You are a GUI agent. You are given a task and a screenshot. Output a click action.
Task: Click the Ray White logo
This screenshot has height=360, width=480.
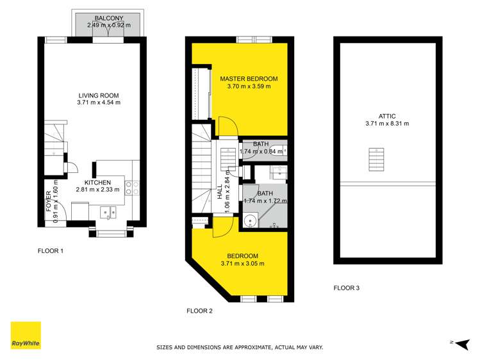[x=26, y=335]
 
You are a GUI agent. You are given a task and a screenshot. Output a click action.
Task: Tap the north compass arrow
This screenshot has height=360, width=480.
[x=463, y=344]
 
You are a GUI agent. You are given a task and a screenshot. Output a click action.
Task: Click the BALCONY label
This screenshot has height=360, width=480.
[x=109, y=19]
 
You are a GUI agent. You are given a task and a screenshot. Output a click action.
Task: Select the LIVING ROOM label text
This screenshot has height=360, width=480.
[x=99, y=95]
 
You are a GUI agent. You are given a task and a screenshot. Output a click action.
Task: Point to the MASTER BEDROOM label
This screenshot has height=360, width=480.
[x=249, y=79]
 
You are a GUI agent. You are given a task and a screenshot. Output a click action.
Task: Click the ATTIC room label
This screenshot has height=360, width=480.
[x=387, y=116]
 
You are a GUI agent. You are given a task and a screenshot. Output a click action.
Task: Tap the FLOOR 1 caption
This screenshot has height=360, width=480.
[x=51, y=251]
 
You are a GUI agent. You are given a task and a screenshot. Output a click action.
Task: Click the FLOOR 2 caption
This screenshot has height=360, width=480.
[x=199, y=311]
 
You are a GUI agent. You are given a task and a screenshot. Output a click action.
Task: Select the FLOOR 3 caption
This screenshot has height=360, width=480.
[x=347, y=288]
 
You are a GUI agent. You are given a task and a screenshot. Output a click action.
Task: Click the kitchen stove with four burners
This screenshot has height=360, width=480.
[x=132, y=188]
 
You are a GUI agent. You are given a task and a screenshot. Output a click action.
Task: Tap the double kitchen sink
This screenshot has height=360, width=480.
[x=108, y=213]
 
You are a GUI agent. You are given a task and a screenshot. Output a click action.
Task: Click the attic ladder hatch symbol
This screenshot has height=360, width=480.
[x=376, y=160]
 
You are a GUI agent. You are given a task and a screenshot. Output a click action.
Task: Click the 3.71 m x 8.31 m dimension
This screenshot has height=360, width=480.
[x=387, y=124]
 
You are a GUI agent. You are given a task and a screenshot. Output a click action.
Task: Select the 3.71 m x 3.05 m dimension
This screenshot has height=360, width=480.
[x=242, y=263]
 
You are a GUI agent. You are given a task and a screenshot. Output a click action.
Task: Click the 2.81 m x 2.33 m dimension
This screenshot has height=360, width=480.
[x=97, y=190]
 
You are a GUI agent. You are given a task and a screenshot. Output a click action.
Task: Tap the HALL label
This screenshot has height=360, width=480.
[x=220, y=192]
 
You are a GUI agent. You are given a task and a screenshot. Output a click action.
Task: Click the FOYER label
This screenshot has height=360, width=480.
[x=49, y=201]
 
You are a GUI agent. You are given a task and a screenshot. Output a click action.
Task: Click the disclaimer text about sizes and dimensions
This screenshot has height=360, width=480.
[x=240, y=347]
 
